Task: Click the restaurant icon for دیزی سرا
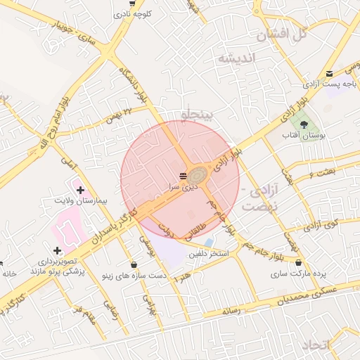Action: click(x=183, y=175)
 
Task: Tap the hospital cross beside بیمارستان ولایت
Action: click(x=80, y=190)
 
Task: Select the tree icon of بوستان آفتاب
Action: click(x=304, y=124)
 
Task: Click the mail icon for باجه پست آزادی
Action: click(x=329, y=73)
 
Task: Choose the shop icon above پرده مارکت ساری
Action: click(x=300, y=264)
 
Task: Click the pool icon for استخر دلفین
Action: click(x=209, y=243)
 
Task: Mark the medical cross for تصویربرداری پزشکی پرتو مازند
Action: click(x=57, y=250)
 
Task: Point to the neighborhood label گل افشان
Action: click(x=287, y=33)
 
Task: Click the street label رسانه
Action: click(x=231, y=309)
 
